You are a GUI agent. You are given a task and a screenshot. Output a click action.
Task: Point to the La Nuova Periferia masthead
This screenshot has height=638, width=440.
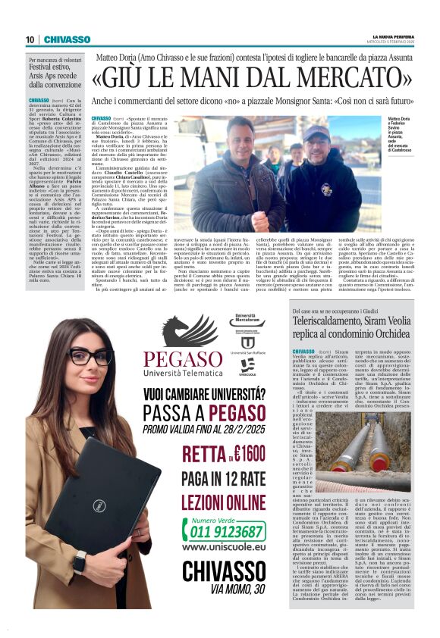(392, 36)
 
